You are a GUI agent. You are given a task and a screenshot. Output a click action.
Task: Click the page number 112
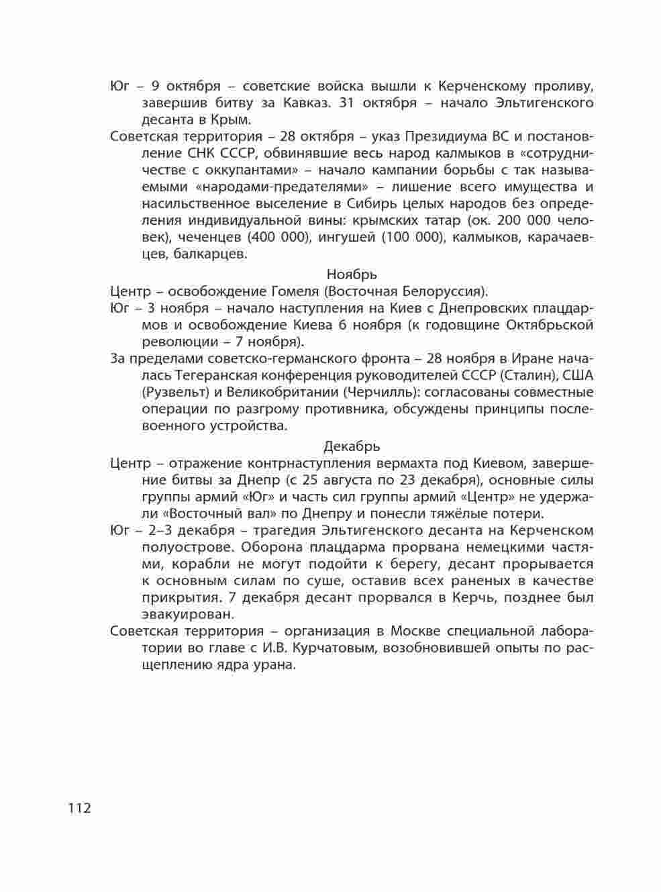[79, 807]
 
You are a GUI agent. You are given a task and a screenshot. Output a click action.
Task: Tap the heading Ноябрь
[352, 274]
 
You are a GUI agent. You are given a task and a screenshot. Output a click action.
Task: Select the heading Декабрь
[352, 446]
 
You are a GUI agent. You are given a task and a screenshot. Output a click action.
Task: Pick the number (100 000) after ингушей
[413, 237]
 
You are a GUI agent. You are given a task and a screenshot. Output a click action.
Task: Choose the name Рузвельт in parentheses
[173, 392]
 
